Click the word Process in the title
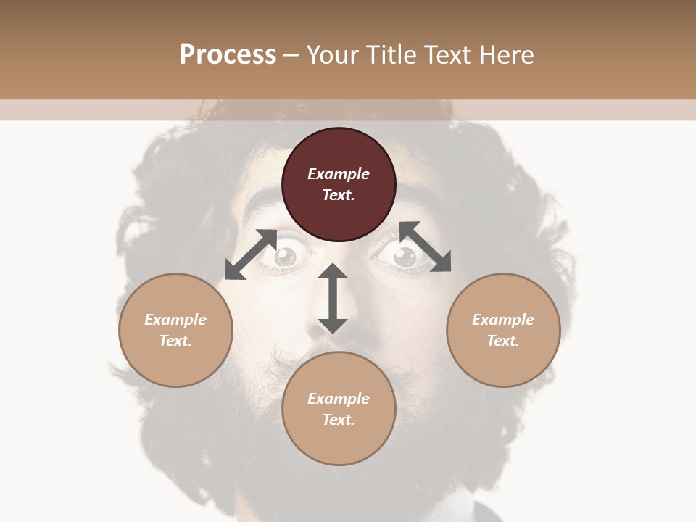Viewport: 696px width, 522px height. coord(228,55)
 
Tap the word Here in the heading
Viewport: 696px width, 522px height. coord(507,55)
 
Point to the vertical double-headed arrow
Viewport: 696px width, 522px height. coord(333,298)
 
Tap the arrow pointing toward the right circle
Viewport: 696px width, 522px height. coord(426,246)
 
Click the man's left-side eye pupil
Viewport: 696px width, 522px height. coord(287,255)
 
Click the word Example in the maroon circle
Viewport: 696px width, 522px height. coord(339,174)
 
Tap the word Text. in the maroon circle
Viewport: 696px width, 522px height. coord(339,195)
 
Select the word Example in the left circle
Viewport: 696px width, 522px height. coord(175,320)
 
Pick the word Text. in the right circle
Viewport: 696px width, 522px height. coord(503,341)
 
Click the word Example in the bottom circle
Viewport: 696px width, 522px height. coord(339,399)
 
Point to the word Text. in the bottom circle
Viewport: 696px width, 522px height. coord(339,420)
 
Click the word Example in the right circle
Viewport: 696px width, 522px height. coord(503,320)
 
